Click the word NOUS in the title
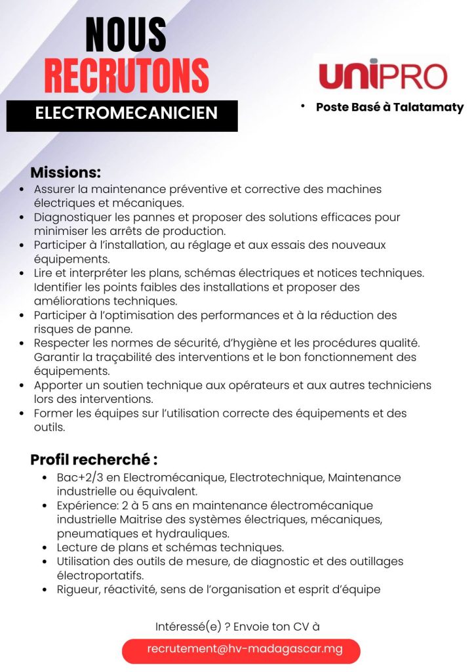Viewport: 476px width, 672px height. [x=126, y=35]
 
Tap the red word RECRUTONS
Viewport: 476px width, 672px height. [x=127, y=76]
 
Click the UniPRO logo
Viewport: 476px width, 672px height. [x=383, y=74]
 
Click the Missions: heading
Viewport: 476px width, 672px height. [x=66, y=173]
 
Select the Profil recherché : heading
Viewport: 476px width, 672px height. [x=94, y=460]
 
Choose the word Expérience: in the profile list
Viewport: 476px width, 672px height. [x=83, y=505]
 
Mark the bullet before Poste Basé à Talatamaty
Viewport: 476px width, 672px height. [x=304, y=106]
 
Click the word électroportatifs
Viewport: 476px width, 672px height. [x=98, y=576]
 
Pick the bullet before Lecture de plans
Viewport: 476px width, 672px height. [x=45, y=548]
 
